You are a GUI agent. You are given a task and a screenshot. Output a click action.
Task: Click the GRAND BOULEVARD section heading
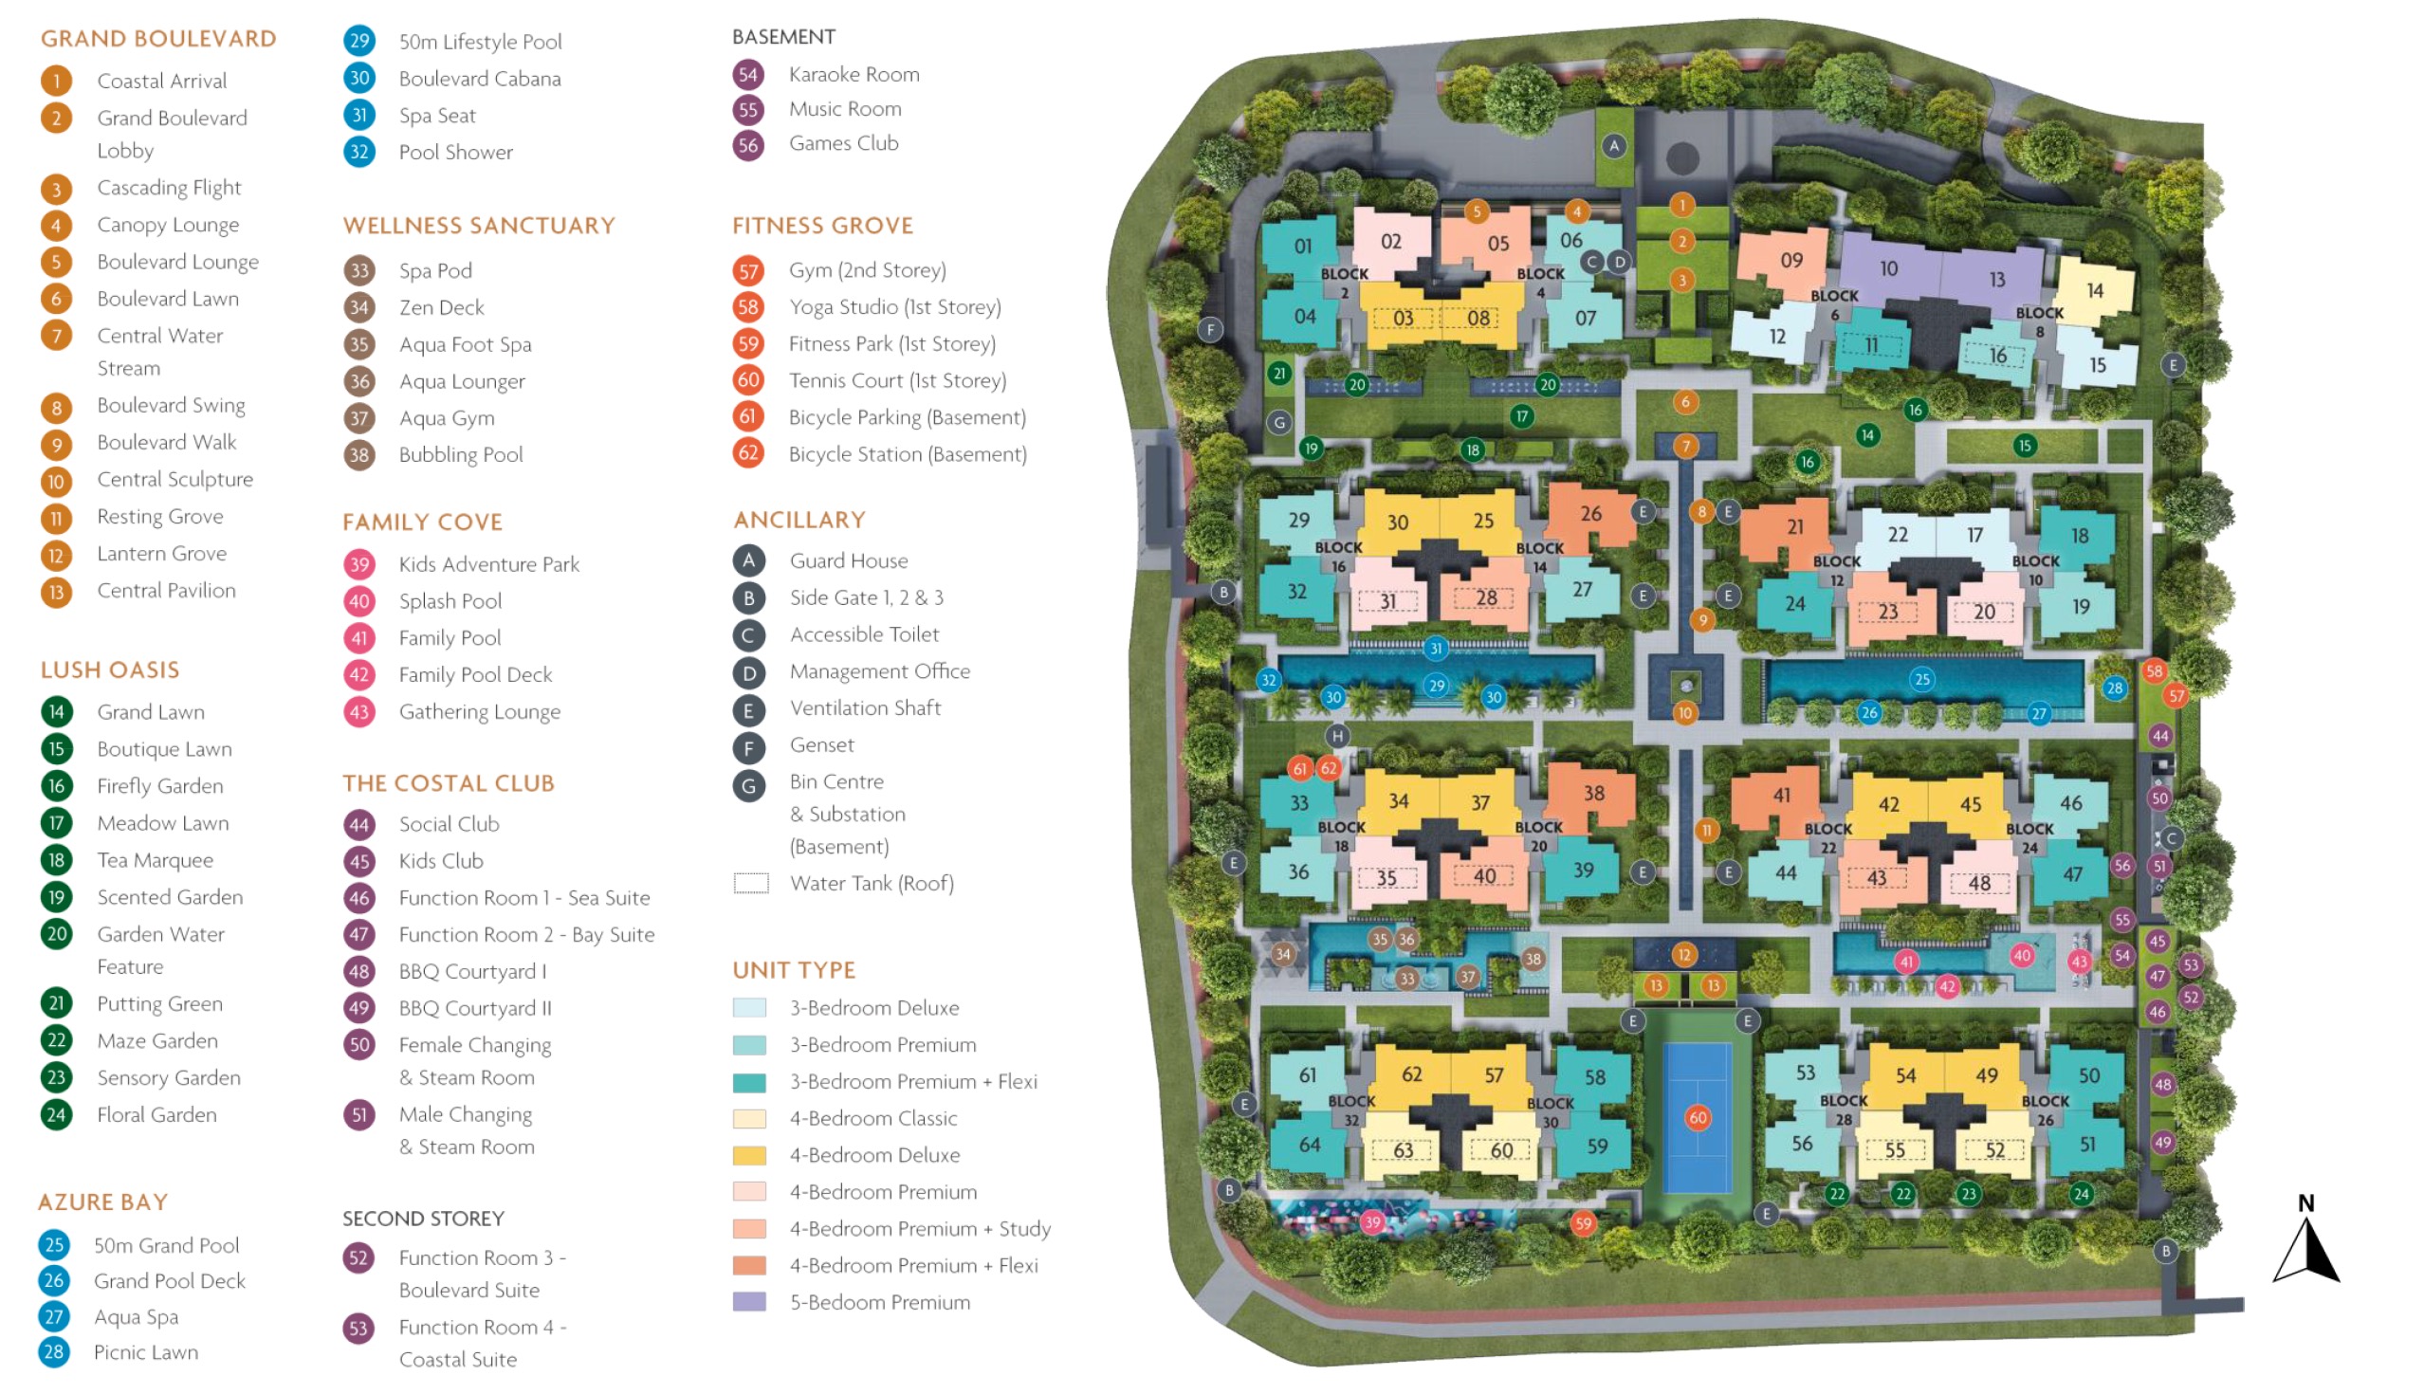coord(158,38)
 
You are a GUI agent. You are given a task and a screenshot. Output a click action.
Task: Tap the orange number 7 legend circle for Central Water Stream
coord(57,336)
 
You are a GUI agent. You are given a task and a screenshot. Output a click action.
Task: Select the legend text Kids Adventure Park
coord(488,564)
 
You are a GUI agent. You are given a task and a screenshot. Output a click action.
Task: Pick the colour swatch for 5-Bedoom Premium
coord(748,1302)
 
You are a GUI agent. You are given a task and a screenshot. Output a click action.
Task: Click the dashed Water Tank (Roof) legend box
coord(750,883)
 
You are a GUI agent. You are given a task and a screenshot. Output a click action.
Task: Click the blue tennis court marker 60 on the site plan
coord(1698,1117)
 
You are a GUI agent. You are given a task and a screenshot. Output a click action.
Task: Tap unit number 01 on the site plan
coord(1303,246)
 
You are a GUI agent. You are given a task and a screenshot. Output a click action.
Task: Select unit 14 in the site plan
coord(2095,290)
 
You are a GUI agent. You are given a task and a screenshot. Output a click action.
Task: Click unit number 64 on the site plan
coord(1309,1144)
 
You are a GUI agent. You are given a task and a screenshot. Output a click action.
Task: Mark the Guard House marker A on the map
coord(1614,146)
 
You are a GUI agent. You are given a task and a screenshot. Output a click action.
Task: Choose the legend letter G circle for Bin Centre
coord(748,786)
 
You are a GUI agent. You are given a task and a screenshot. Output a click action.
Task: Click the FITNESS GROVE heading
coord(822,226)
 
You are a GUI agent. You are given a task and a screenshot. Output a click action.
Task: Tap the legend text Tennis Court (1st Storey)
coord(897,380)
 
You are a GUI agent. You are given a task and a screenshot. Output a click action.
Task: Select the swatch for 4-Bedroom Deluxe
coord(748,1155)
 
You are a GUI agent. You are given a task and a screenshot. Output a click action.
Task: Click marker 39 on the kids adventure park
coord(1373,1221)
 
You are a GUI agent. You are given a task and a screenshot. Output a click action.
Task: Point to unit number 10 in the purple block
coord(1888,269)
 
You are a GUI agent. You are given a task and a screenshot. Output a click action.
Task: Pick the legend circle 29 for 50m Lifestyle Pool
coord(359,41)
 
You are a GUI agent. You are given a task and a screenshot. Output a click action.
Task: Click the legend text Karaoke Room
coord(854,75)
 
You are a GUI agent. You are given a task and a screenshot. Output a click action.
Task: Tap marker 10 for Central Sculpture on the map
coord(1685,712)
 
